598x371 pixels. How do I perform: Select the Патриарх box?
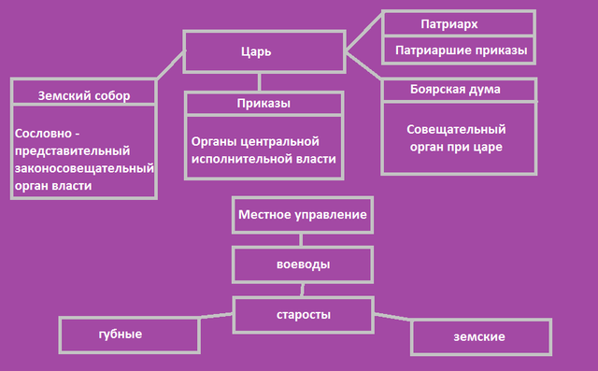459,22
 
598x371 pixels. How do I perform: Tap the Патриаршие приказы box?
459,50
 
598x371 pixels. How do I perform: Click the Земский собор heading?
83,94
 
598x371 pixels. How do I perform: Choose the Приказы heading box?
264,103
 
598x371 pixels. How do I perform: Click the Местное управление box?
302,215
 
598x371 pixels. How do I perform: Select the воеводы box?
303,264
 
